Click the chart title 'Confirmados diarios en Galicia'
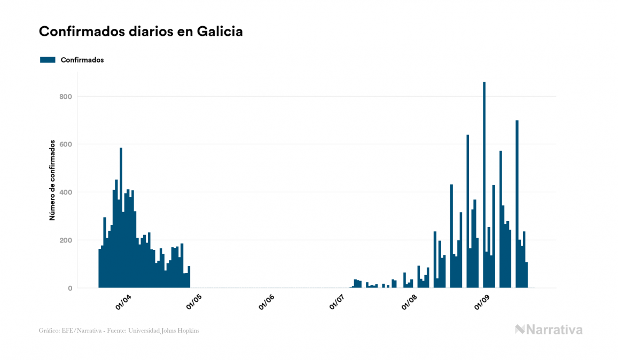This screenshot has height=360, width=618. (141, 32)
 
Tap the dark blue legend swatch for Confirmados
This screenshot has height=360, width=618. (48, 60)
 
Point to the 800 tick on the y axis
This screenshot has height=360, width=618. (66, 97)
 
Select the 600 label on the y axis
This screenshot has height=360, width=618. (66, 144)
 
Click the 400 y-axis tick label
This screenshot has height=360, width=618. (66, 192)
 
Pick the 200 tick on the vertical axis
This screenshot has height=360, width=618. (66, 240)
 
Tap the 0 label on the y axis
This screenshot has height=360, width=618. (69, 288)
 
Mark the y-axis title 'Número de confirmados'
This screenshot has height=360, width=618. (52, 180)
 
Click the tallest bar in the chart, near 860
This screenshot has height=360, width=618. (484, 187)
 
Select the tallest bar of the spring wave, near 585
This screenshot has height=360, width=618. (121, 219)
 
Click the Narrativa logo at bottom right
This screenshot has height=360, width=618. (549, 330)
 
